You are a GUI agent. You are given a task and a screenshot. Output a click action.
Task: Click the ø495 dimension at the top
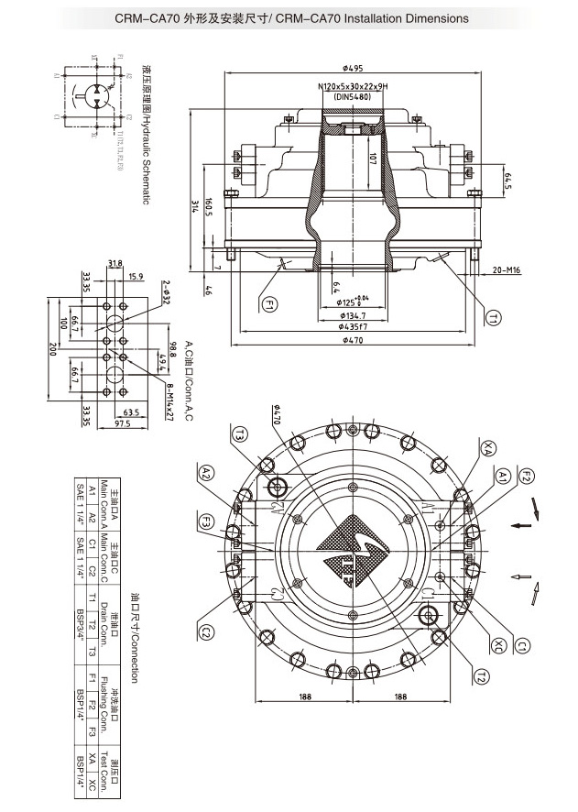tap(354, 67)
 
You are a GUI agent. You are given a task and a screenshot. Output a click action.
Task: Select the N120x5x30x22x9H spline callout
tap(353, 85)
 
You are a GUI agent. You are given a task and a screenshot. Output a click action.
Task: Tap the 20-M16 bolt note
tap(506, 270)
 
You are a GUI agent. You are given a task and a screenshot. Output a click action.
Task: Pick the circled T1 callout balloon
tap(492, 318)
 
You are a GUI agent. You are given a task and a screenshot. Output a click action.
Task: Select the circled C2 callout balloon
tap(207, 632)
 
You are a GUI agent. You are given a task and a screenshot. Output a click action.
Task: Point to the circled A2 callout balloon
tap(207, 472)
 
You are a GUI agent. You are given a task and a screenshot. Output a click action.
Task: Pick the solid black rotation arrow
tap(521, 525)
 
